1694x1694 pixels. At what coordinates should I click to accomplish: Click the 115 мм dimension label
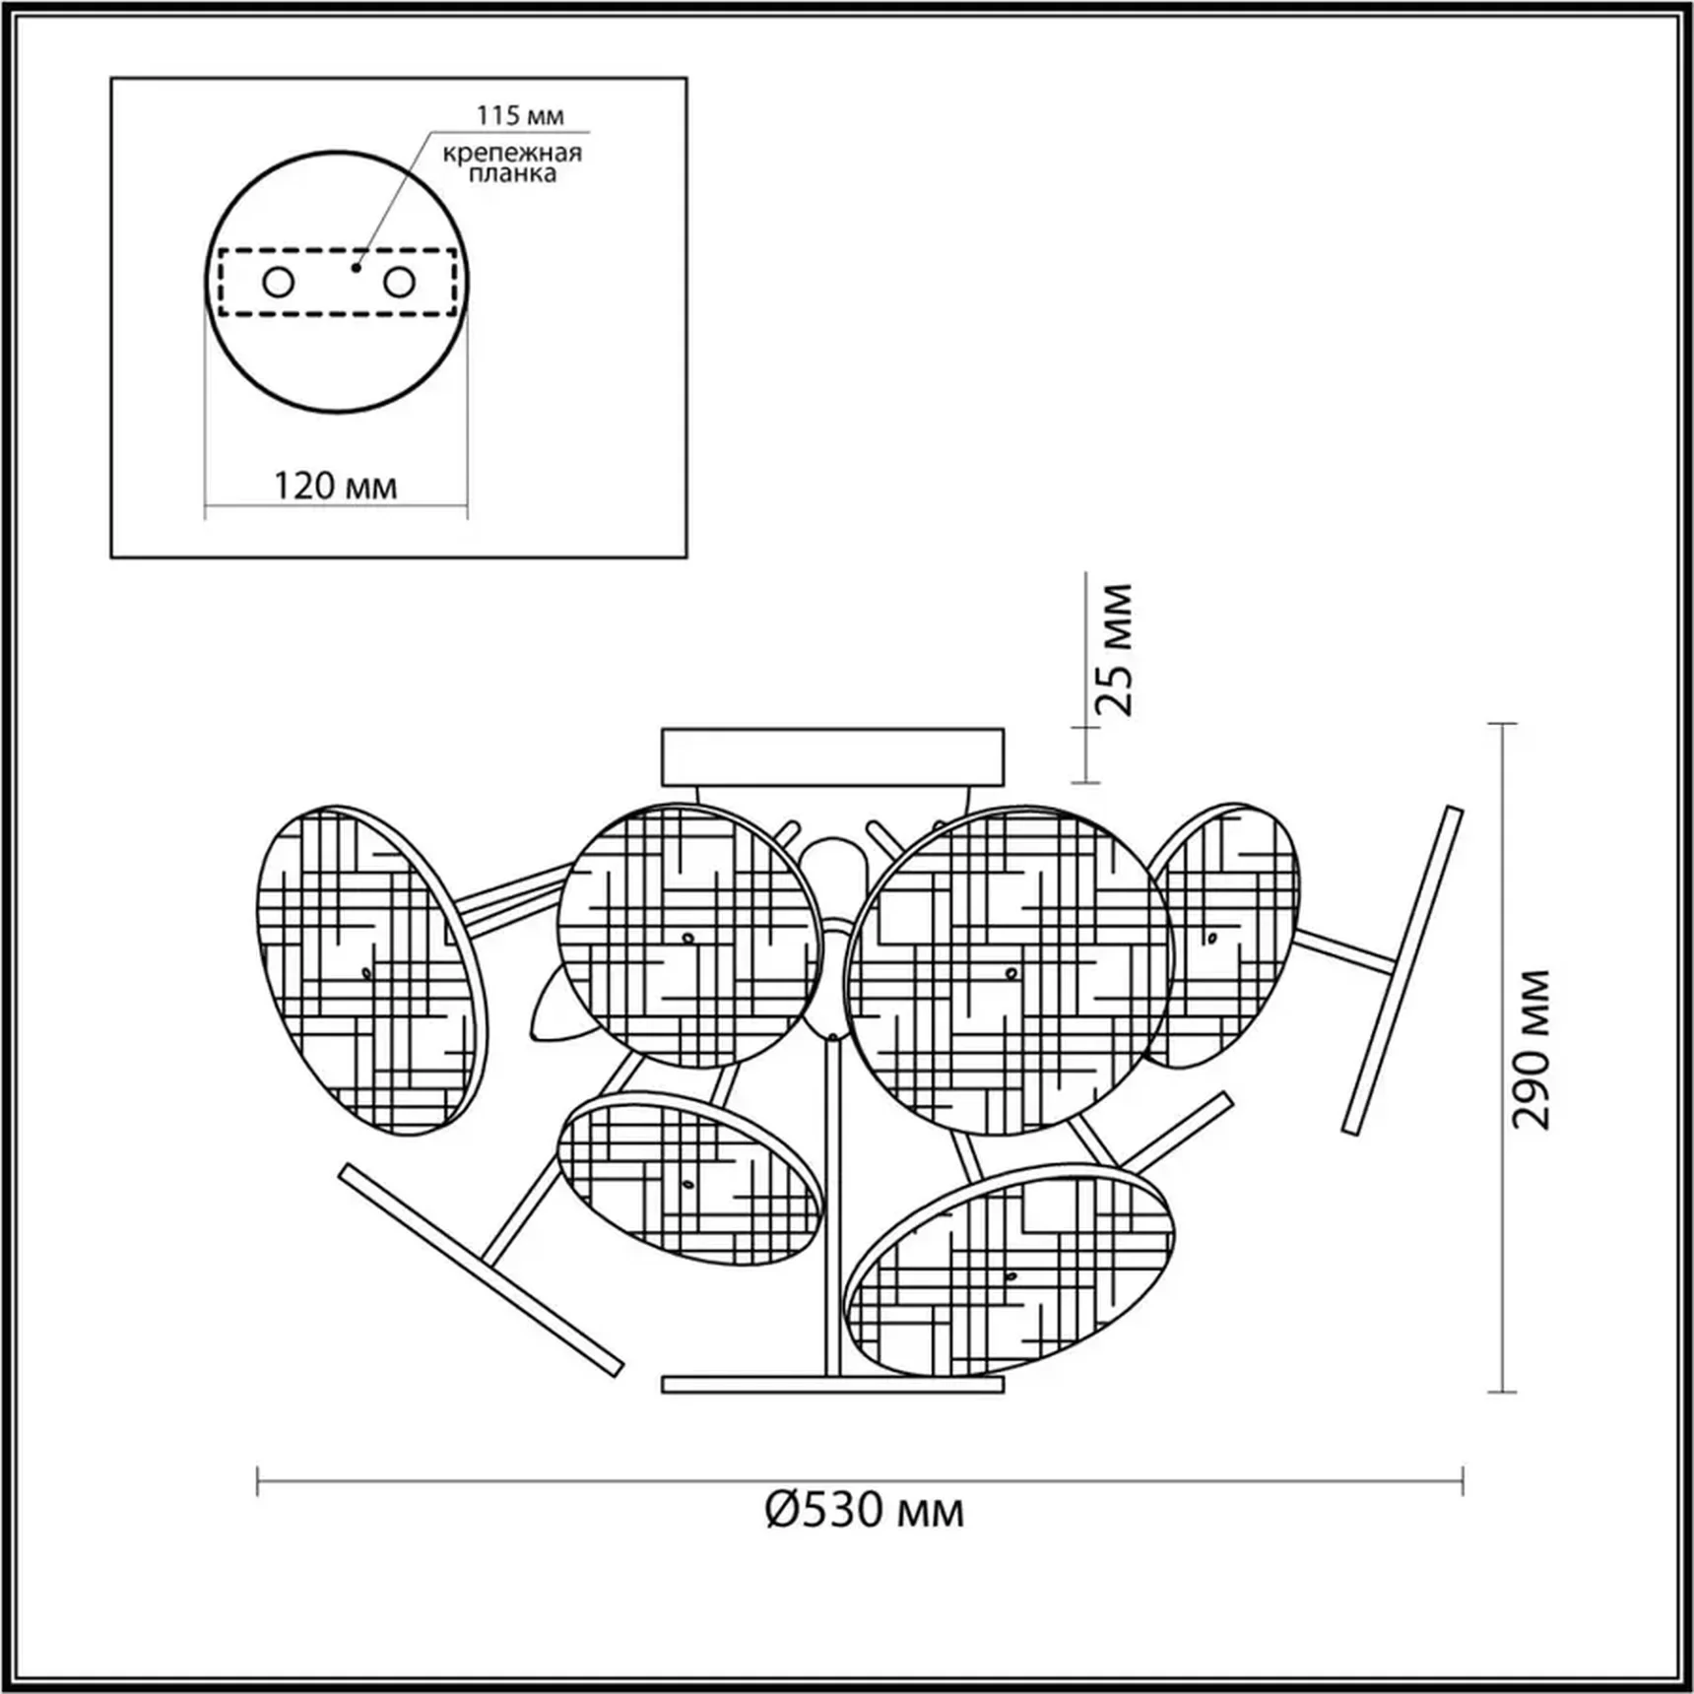520,115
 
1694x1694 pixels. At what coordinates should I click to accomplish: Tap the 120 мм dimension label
335,486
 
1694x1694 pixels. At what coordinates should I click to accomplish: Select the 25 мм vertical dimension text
1116,650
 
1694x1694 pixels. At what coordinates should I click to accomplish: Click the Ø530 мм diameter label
865,1537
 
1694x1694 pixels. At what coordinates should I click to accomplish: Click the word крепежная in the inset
512,154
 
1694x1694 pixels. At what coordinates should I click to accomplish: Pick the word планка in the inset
512,174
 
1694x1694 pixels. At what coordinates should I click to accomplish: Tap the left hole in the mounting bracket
279,283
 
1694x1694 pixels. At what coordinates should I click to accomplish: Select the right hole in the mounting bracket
399,283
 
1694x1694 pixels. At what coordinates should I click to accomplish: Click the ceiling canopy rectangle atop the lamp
833,756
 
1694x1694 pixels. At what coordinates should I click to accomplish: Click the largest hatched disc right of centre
1010,970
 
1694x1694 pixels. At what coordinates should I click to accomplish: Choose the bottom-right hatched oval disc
1010,1270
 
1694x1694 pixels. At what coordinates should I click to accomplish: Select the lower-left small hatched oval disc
689,1179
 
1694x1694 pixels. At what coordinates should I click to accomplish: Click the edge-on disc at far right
1402,970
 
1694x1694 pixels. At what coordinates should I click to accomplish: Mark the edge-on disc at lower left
481,1270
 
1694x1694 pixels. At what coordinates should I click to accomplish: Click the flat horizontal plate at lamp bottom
833,1385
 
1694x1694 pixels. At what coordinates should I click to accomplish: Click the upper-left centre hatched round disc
689,936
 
